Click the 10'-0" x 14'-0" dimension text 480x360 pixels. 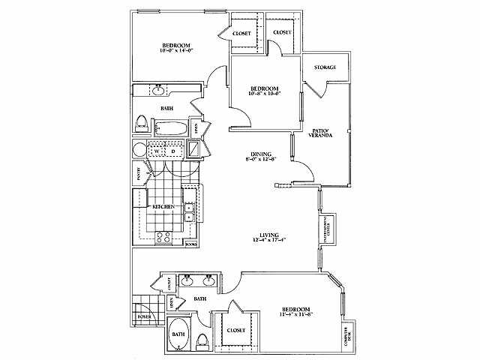(x=177, y=50)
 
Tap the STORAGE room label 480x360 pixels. (x=325, y=67)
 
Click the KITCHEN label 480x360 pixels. (x=164, y=205)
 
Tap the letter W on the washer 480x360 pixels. (x=158, y=150)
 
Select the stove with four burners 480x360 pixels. (x=163, y=238)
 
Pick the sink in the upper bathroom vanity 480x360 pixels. (x=159, y=91)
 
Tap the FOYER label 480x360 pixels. (x=143, y=316)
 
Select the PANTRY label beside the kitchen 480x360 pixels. (x=139, y=173)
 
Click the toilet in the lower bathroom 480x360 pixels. (x=202, y=342)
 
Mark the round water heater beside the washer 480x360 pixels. (x=139, y=150)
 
